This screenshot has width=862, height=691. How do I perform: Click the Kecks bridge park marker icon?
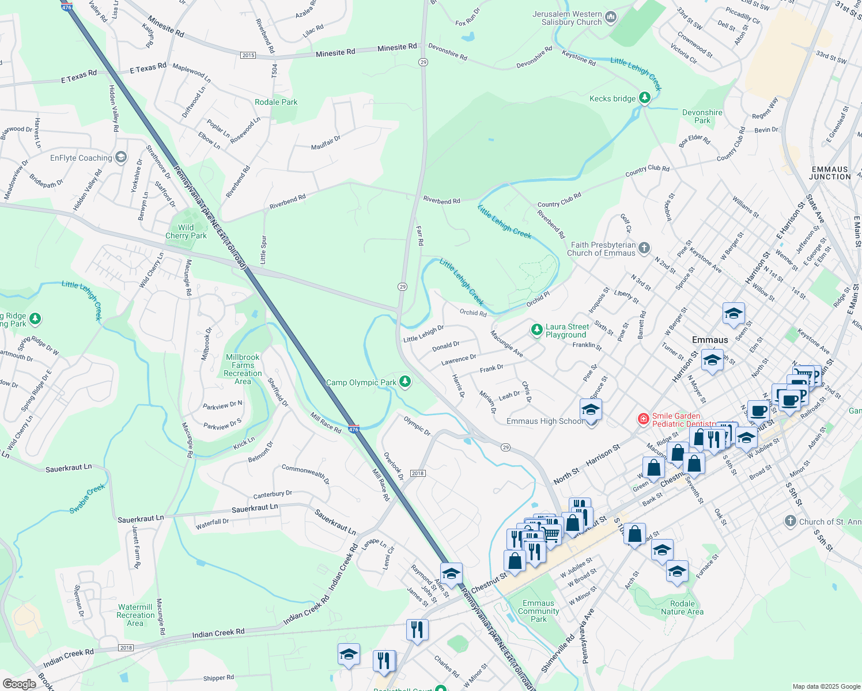645,98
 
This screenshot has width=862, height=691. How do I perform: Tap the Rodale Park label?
276,102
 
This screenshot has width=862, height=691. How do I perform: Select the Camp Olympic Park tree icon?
405,382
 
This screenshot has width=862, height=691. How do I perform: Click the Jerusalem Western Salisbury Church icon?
610,18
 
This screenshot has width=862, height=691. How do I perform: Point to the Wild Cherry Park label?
186,231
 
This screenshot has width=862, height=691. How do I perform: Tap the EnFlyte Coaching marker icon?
120,157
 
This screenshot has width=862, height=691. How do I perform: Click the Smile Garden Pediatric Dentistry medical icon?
644,419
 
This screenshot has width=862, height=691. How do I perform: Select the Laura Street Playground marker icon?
536,330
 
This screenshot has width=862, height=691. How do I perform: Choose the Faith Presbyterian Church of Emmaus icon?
644,248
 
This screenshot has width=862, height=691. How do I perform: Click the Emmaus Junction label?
830,173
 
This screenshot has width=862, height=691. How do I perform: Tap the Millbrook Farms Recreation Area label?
243,369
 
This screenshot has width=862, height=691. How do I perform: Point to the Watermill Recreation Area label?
135,615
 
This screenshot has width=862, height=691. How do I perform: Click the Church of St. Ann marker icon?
791,522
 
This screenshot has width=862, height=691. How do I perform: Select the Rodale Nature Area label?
682,608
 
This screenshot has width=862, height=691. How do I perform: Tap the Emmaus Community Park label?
538,611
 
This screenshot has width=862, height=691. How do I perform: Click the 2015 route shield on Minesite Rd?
248,55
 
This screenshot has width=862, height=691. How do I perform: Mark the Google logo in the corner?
19,684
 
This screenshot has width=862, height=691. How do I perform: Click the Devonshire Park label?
702,116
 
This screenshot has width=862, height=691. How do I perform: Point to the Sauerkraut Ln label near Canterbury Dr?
255,508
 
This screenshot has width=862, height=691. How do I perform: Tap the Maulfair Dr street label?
326,143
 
